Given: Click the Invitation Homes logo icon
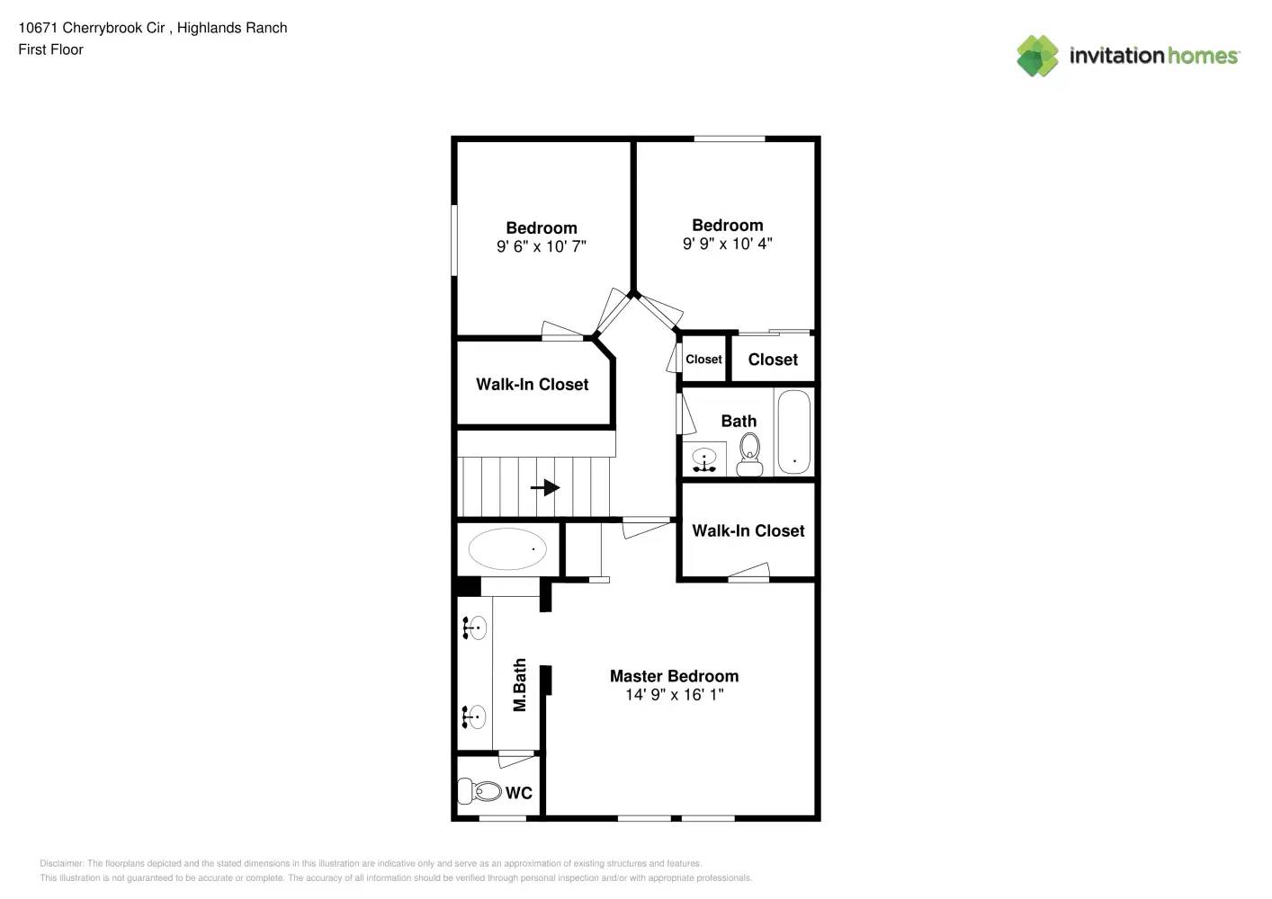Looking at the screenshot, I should click(1037, 56).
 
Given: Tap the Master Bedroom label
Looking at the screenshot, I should click(674, 676).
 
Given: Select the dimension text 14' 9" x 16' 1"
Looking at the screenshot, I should click(674, 695).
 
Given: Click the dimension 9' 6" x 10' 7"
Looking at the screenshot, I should click(541, 246).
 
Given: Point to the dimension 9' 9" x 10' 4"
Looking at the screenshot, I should click(727, 244).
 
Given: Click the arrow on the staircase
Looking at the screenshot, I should click(545, 488).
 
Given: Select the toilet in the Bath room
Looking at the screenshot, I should click(749, 453).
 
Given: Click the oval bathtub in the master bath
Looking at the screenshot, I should click(507, 548).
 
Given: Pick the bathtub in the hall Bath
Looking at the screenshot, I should click(793, 432).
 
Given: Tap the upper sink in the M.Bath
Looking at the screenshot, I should click(474, 628).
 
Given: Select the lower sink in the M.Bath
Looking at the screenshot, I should click(474, 717).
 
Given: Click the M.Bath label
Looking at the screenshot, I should click(519, 685).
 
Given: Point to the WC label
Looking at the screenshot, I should click(519, 793).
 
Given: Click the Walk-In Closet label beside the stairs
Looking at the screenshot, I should click(532, 384).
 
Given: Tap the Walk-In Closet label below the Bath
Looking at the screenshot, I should click(748, 530).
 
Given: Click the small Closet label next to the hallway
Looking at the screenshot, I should click(703, 360).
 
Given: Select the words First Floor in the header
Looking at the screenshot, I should click(50, 49).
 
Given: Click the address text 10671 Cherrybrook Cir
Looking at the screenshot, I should click(91, 28).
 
